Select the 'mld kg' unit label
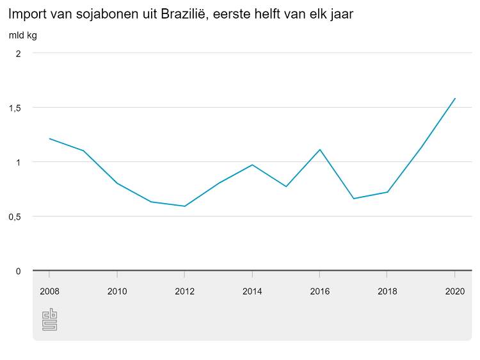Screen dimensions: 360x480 tap(22, 35)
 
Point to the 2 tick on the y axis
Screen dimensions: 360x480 tap(19, 53)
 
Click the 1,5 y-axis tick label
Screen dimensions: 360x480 tap(15, 108)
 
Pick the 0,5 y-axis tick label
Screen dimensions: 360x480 tap(15, 217)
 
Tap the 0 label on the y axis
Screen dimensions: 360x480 tap(19, 271)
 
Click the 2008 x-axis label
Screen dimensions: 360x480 tap(49, 291)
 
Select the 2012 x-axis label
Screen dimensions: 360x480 tap(184, 291)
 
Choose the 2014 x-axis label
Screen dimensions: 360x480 tap(252, 291)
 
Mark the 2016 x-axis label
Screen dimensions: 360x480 tap(319, 291)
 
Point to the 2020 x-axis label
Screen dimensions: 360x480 tap(454, 291)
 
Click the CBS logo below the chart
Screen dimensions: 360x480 tap(49, 320)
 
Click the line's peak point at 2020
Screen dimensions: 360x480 tap(454, 99)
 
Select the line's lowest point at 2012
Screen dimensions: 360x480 tap(184, 206)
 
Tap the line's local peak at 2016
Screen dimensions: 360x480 tap(319, 150)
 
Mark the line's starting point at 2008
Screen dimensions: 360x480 tap(49, 138)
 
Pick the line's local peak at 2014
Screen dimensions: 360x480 tap(252, 165)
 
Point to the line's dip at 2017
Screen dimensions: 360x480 tap(353, 199)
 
